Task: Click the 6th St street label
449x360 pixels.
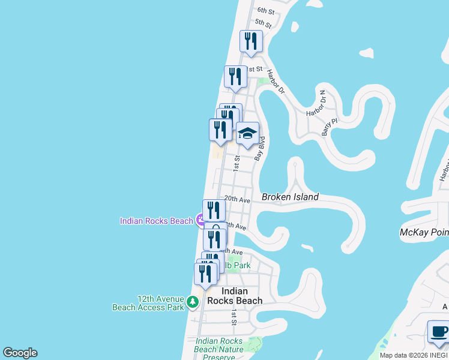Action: tap(265, 11)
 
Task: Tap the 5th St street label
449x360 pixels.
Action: tap(263, 23)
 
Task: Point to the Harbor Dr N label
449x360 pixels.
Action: tap(316, 107)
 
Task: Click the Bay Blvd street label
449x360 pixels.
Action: tap(260, 148)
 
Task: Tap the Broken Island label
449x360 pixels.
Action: tap(290, 197)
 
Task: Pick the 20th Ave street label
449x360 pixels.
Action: tap(237, 199)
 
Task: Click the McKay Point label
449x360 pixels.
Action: tap(424, 232)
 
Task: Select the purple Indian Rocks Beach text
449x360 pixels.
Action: tap(156, 221)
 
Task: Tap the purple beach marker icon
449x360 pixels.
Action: tap(200, 221)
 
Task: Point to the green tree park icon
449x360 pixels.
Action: tap(193, 302)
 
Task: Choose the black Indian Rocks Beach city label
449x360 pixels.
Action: tap(235, 296)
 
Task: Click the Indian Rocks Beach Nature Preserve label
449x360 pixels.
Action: tap(219, 349)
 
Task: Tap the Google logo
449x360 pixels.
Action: tap(20, 353)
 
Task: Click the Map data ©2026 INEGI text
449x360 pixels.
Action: tap(413, 355)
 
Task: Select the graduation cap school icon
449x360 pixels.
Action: tap(247, 134)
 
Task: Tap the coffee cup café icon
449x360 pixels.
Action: tap(438, 332)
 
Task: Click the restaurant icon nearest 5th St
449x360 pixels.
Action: tap(251, 41)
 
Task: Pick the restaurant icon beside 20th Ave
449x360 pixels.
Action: tap(214, 211)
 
